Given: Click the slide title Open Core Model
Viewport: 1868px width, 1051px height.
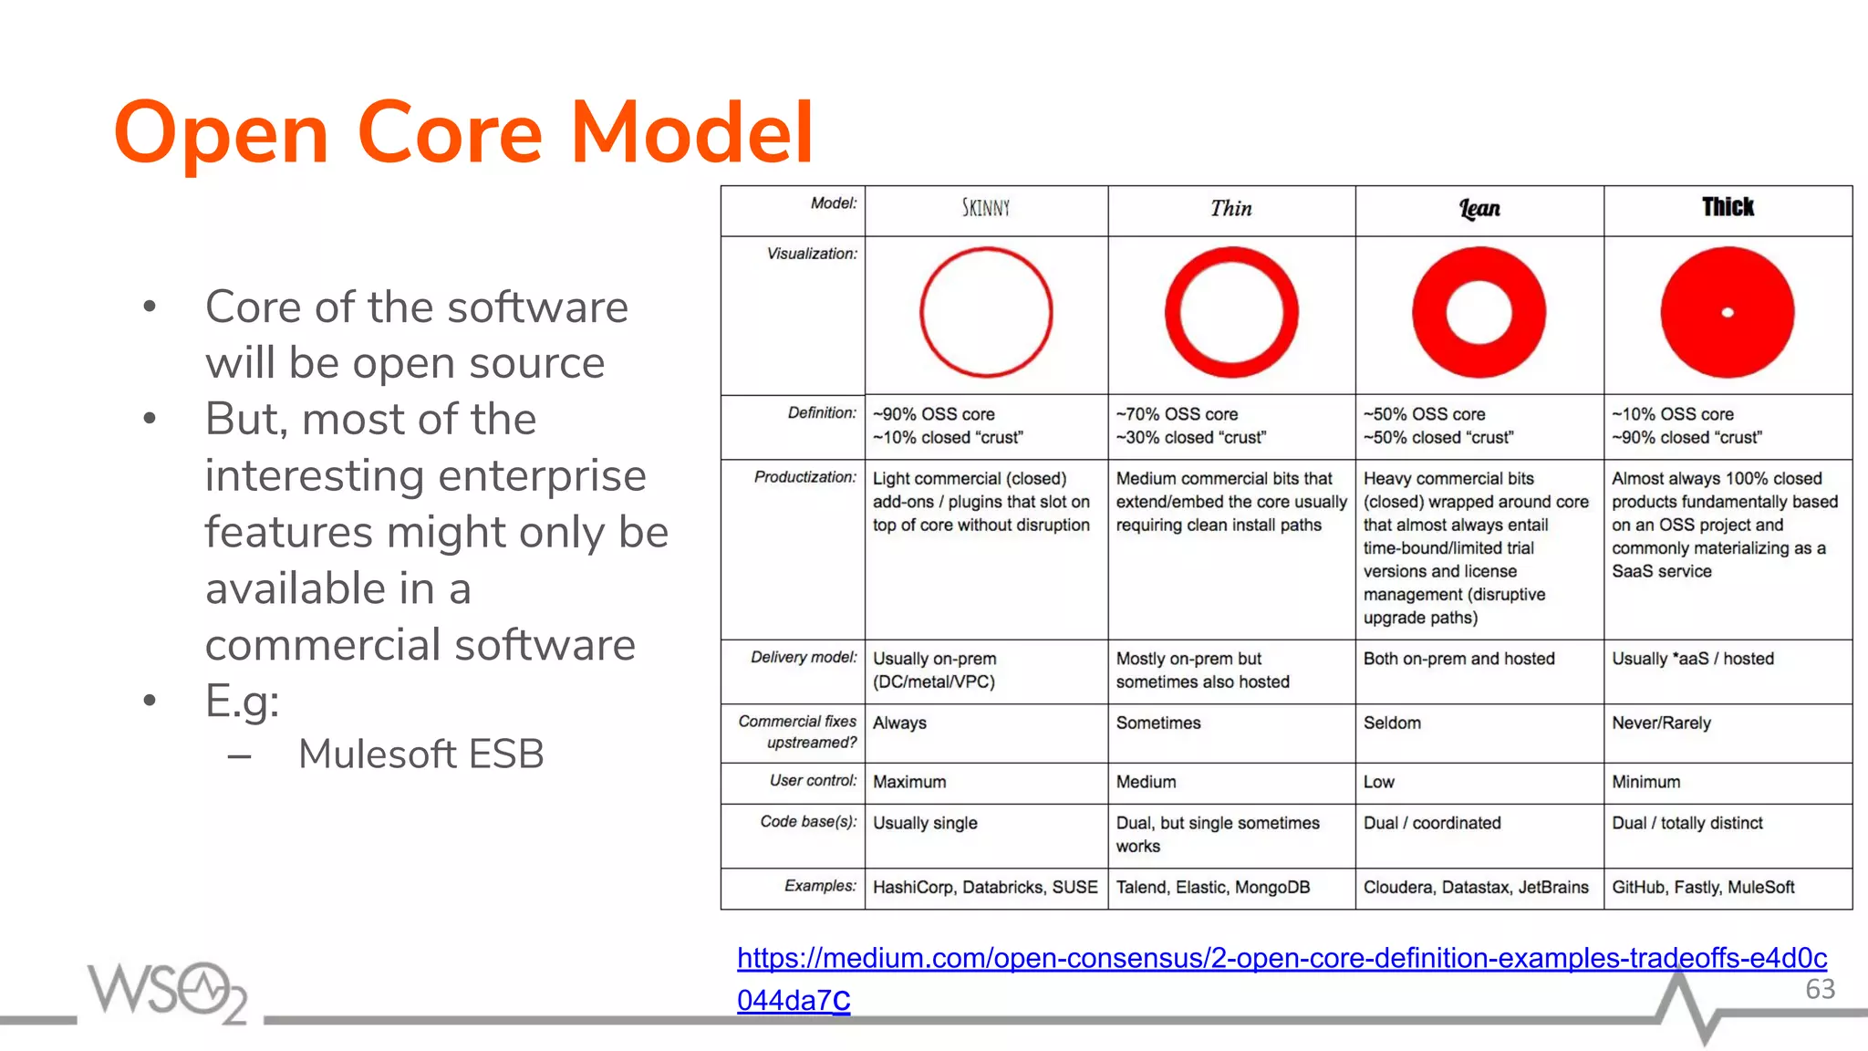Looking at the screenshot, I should coord(463,133).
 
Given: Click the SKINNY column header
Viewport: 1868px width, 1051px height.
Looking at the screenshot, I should coord(986,208).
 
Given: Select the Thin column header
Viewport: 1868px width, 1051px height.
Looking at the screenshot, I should coord(1230,209).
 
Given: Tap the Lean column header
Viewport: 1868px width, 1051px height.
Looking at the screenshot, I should coord(1479,209).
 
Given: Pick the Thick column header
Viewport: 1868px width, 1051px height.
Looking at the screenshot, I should coord(1727,207).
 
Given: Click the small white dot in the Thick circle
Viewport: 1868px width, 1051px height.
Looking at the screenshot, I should coord(1727,313).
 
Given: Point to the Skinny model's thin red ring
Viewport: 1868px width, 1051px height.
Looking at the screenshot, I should coord(922,313).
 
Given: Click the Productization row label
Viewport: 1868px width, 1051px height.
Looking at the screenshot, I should coord(804,477).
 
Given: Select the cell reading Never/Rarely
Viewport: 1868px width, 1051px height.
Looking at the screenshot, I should coord(1661,723).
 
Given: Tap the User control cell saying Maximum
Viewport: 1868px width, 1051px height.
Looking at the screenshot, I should coord(909,782).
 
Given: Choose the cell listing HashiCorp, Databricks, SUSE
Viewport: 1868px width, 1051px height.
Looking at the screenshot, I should coord(985,888).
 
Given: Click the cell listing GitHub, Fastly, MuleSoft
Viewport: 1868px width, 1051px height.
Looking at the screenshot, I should coord(1703,888).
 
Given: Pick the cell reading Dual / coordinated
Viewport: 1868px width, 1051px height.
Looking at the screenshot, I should coord(1431,823).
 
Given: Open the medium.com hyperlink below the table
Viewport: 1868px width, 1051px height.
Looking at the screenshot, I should coord(1281,959).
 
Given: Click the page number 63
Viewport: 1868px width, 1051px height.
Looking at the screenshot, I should coord(1820,989).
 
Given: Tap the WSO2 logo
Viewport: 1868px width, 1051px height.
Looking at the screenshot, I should coord(167,991).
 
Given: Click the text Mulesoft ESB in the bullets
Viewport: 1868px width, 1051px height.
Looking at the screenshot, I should coord(420,754).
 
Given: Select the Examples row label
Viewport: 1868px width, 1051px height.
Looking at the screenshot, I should coord(820,886).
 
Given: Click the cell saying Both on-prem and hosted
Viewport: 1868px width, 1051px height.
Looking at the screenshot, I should coord(1458,659).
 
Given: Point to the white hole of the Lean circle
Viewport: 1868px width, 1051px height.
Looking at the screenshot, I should coord(1479,313).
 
